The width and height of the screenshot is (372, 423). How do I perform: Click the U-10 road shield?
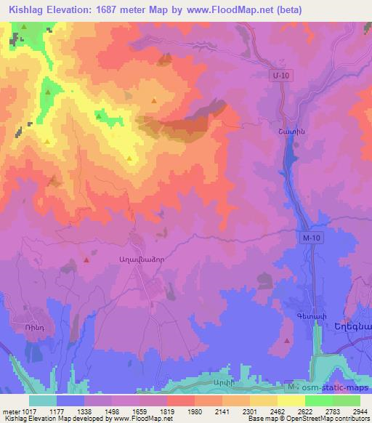tap(279, 74)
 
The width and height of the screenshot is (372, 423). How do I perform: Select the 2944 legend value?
tap(360, 412)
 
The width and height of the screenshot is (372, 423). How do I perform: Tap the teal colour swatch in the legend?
tap(43, 400)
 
